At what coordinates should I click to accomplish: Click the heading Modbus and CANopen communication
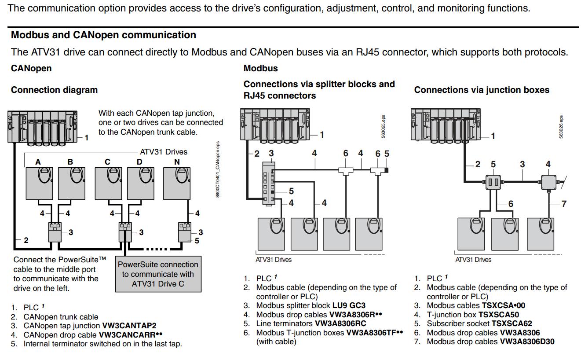103,35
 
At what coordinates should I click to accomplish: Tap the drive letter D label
139,162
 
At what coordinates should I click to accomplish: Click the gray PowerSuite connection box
158,274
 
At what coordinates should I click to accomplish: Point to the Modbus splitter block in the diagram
268,183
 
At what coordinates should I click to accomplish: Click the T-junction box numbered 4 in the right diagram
548,182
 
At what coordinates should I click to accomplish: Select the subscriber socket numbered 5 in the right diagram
493,182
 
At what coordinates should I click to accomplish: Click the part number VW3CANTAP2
129,326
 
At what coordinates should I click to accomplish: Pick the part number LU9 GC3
349,305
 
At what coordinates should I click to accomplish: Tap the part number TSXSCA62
512,323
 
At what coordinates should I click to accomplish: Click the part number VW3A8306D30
527,342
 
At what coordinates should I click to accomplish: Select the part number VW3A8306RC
341,323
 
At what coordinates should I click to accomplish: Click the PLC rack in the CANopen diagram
42,126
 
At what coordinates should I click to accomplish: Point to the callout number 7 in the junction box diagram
564,204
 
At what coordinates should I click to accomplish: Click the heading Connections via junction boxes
482,90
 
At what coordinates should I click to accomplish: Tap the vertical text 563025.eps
383,127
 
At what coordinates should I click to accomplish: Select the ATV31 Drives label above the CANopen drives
164,152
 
